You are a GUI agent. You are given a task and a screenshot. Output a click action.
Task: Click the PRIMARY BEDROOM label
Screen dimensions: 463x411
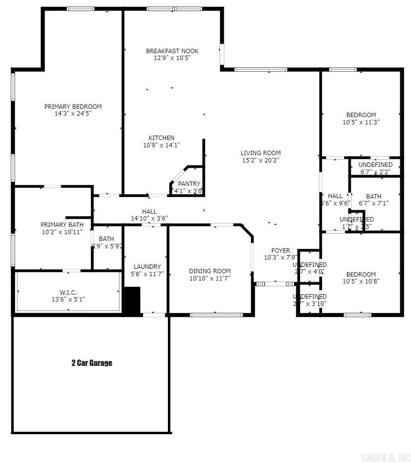pyautogui.click(x=73, y=107)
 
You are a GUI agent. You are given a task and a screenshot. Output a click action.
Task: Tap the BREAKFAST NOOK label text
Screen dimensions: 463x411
pyautogui.click(x=172, y=51)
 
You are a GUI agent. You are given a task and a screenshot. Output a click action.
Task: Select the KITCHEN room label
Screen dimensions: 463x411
pyautogui.click(x=161, y=138)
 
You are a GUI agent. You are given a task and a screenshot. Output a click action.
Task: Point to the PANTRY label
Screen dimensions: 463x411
pyautogui.click(x=189, y=184)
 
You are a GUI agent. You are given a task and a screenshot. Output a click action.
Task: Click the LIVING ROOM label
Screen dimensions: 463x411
pyautogui.click(x=260, y=153)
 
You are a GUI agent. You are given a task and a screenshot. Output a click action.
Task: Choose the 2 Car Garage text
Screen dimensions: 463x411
pyautogui.click(x=92, y=363)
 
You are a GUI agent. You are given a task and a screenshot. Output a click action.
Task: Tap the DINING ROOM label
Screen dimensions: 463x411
pyautogui.click(x=209, y=271)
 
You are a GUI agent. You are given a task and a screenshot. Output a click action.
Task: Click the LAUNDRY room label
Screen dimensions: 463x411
pyautogui.click(x=147, y=267)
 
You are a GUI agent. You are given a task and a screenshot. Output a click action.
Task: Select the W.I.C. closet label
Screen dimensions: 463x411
pyautogui.click(x=68, y=293)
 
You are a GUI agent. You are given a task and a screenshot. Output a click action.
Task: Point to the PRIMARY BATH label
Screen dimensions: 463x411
pyautogui.click(x=62, y=225)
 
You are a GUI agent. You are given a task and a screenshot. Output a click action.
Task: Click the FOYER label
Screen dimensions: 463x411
pyautogui.click(x=280, y=251)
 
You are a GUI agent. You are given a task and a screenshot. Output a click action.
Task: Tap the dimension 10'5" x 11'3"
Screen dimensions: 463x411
pyautogui.click(x=361, y=122)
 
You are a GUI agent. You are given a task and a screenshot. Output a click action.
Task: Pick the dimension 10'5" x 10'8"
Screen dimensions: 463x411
pyautogui.click(x=361, y=281)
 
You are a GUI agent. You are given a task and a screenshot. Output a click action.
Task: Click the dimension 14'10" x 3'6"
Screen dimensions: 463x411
pyautogui.click(x=149, y=219)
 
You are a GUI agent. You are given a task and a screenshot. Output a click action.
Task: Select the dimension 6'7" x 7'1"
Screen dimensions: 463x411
pyautogui.click(x=373, y=203)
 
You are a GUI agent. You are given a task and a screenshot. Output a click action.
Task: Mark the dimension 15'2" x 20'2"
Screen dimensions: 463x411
pyautogui.click(x=260, y=160)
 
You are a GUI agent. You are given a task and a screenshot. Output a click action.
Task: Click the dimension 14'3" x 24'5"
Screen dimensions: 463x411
pyautogui.click(x=73, y=113)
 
